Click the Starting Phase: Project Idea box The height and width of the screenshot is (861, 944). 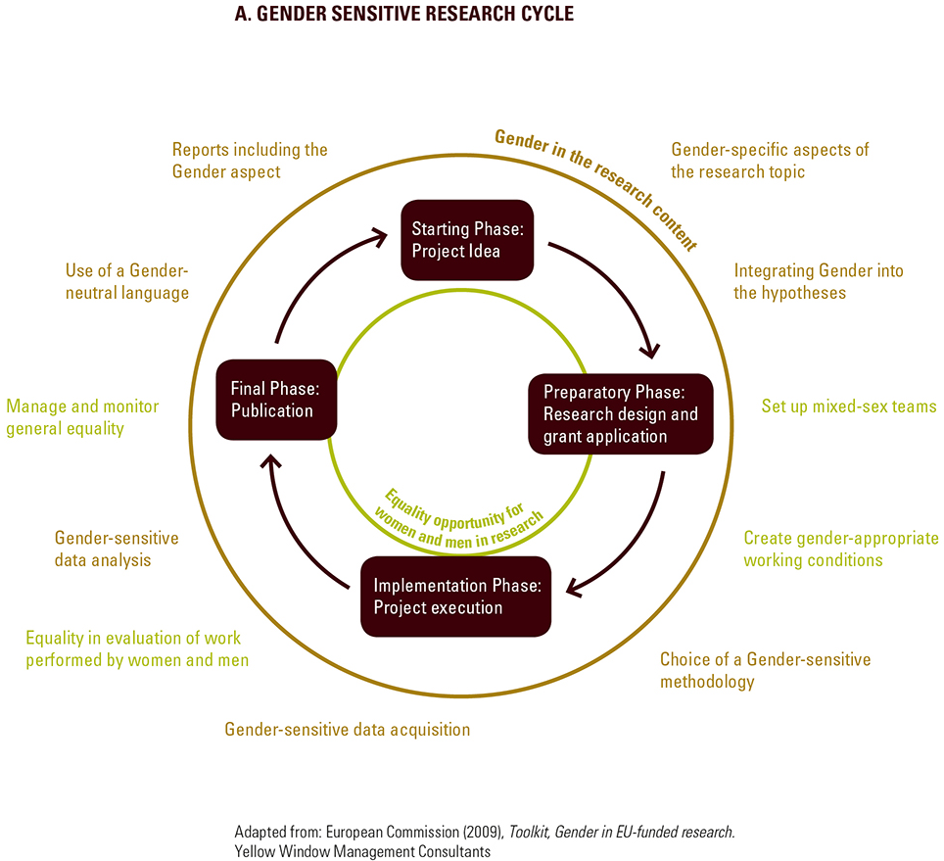pos(467,241)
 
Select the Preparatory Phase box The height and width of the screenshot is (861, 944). pos(621,413)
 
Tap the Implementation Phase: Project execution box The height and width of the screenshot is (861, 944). pos(456,597)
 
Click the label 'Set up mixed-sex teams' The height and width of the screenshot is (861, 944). pos(849,406)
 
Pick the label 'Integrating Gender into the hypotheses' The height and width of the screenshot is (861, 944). pos(819,281)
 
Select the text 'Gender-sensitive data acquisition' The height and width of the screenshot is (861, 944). pos(348,729)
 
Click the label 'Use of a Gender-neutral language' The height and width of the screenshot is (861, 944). pos(127,281)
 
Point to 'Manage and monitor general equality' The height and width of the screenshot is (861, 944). pos(82,417)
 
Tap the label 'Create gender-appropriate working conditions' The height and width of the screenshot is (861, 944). pos(841,550)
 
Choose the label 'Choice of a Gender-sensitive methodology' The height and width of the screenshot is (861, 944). pos(765,670)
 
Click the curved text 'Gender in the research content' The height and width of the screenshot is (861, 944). pos(597,187)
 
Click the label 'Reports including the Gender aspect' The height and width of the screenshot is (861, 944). pos(250,161)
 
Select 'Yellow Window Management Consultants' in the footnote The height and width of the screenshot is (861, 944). pos(362,851)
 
